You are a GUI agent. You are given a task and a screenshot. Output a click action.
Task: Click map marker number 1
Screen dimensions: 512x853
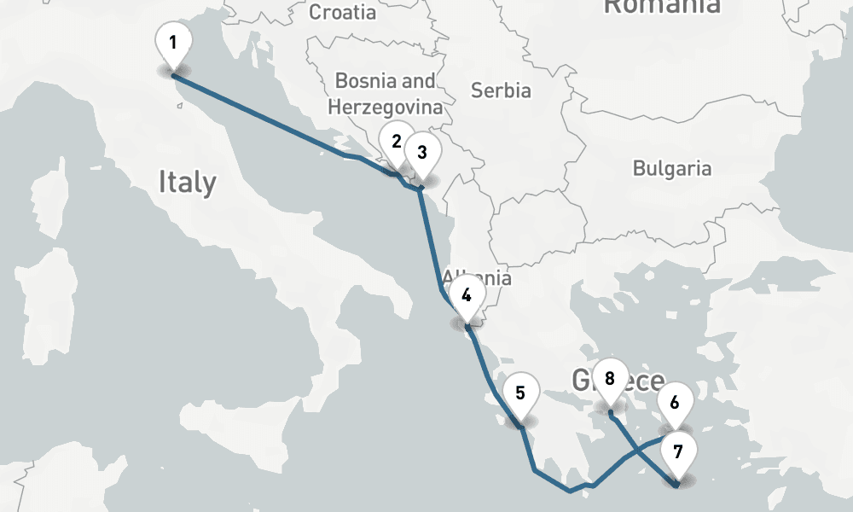(x=173, y=43)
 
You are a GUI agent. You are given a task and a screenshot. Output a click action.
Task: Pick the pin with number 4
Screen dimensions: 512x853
(x=467, y=296)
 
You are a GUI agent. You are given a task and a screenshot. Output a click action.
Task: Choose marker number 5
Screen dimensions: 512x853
(x=521, y=394)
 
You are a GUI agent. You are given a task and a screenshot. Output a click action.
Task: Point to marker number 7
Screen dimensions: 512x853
(x=678, y=452)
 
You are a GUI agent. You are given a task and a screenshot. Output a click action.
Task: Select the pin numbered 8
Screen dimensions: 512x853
(x=609, y=378)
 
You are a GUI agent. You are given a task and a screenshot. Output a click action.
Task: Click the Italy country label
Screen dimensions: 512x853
(x=187, y=182)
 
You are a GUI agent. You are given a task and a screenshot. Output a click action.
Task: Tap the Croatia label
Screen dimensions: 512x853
(x=341, y=12)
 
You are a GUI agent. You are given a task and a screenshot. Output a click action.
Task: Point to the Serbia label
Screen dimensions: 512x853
(x=501, y=90)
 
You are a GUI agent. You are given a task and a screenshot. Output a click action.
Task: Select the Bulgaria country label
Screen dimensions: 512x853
(x=671, y=168)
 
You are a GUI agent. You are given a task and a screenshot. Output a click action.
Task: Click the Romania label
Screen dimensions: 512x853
(x=661, y=7)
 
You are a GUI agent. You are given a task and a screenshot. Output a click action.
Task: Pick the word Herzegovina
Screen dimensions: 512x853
(x=386, y=108)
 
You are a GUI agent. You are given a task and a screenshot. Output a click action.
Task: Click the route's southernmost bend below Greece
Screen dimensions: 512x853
(x=570, y=491)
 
